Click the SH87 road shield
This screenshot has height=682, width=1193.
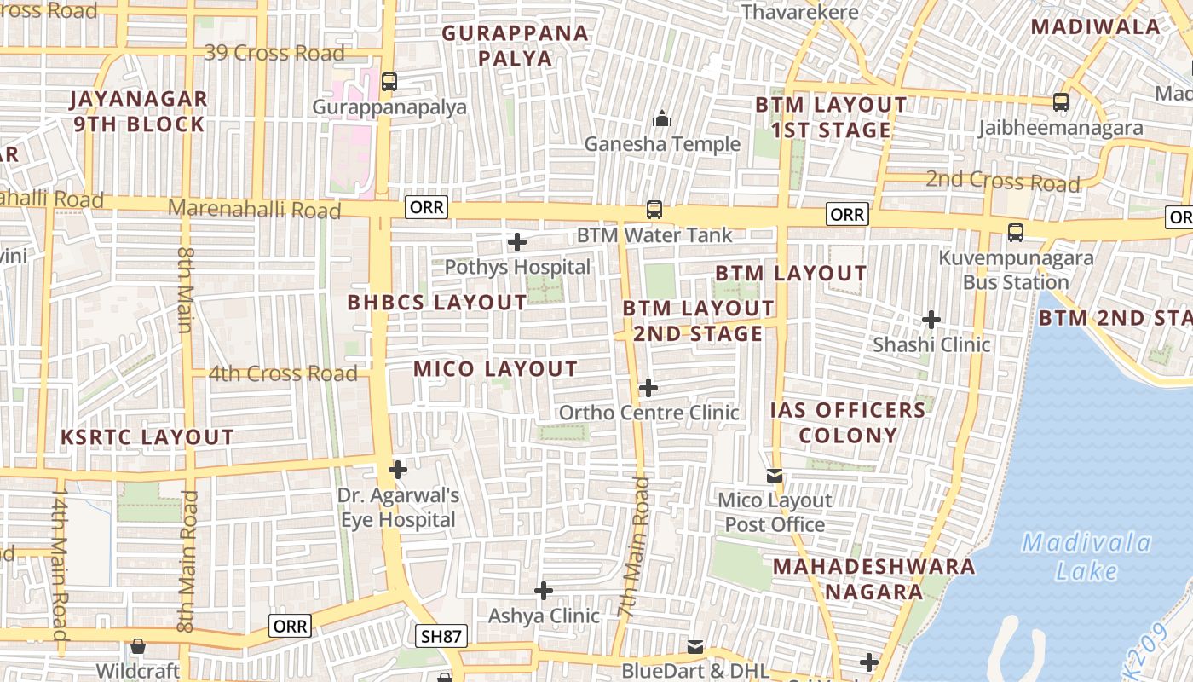[x=441, y=636]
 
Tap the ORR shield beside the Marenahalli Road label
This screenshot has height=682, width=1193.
[x=427, y=207]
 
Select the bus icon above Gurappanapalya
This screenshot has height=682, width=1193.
[x=389, y=82]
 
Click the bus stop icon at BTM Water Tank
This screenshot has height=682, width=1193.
[x=654, y=209]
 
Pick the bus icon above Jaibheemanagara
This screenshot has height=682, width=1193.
[x=1061, y=101]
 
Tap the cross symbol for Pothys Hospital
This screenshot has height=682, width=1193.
[x=517, y=242]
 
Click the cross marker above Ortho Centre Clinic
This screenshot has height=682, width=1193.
[x=648, y=388]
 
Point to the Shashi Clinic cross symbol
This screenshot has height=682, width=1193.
[x=931, y=320]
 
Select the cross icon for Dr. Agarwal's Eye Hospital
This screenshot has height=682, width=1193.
[x=398, y=469]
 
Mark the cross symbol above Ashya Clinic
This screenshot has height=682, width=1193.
[x=544, y=590]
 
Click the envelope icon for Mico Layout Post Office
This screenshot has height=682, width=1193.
[x=775, y=475]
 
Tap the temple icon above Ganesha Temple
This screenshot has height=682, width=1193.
[x=662, y=118]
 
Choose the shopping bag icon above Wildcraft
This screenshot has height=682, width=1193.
[x=137, y=646]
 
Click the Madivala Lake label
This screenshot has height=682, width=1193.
[x=1086, y=556]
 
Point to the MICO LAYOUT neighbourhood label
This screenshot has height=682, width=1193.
[x=496, y=369]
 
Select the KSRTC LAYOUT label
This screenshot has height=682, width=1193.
[x=147, y=437]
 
